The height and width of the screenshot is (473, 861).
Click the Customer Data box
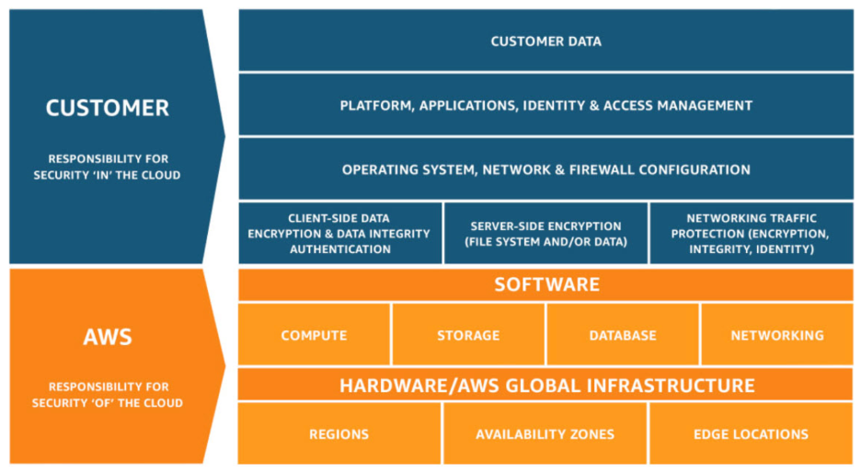click(x=545, y=41)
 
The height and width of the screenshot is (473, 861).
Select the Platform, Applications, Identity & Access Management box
click(x=545, y=106)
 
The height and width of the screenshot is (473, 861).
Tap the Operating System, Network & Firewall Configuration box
click(x=545, y=169)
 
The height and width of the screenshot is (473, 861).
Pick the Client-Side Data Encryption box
click(x=339, y=234)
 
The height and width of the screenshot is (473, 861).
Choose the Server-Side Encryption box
click(x=545, y=234)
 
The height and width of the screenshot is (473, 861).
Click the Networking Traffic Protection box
click(x=751, y=234)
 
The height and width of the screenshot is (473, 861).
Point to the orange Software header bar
click(x=545, y=284)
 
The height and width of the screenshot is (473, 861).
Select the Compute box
click(x=314, y=335)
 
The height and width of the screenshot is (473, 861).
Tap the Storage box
click(x=468, y=335)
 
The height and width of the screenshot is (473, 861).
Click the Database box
click(x=623, y=335)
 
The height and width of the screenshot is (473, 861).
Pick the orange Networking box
click(x=777, y=335)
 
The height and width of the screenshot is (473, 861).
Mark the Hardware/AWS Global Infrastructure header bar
click(x=545, y=385)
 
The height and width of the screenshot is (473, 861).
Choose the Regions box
click(x=339, y=433)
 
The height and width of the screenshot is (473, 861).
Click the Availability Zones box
click(x=545, y=433)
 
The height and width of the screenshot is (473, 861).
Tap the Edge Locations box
click(x=751, y=433)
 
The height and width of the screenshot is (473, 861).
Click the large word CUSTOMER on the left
click(x=108, y=108)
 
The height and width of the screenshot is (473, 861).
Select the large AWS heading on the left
click(x=108, y=337)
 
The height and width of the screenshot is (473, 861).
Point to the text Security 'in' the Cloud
click(x=108, y=175)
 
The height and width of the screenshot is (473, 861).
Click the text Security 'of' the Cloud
click(x=108, y=403)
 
